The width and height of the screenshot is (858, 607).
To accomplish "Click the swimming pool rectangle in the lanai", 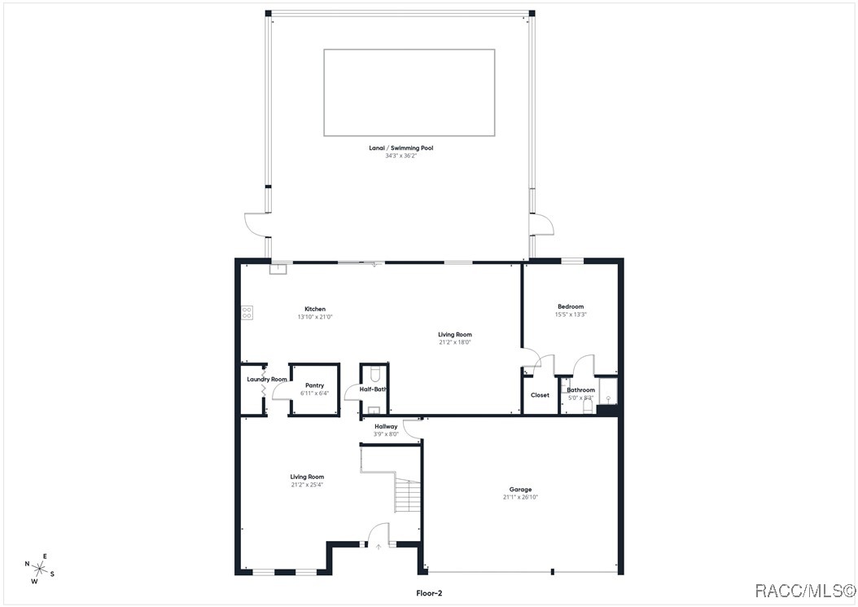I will [x=409, y=92].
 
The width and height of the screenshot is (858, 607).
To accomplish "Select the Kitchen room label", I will [x=315, y=309].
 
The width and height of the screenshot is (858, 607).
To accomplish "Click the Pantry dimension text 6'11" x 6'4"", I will [x=314, y=394].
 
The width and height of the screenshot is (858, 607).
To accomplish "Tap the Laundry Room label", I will [x=267, y=379].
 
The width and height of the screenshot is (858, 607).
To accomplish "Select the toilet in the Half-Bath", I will [x=374, y=374].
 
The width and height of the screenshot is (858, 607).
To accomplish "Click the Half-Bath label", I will [x=374, y=389].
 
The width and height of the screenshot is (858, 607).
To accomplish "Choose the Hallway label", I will [x=386, y=426].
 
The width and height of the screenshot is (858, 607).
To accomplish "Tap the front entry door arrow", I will [x=379, y=547].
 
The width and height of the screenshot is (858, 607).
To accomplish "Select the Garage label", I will [x=520, y=490].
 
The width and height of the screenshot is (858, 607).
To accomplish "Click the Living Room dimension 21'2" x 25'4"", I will [x=307, y=485].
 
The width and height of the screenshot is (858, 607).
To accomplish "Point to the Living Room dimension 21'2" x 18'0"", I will [x=455, y=342].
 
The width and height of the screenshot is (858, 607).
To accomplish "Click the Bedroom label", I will [x=571, y=306].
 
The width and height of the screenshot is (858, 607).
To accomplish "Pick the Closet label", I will [x=540, y=395].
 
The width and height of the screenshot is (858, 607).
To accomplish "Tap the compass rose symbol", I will [x=40, y=568].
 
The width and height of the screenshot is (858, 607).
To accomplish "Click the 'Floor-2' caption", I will [x=428, y=594].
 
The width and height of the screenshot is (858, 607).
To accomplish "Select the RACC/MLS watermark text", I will [x=805, y=590].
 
